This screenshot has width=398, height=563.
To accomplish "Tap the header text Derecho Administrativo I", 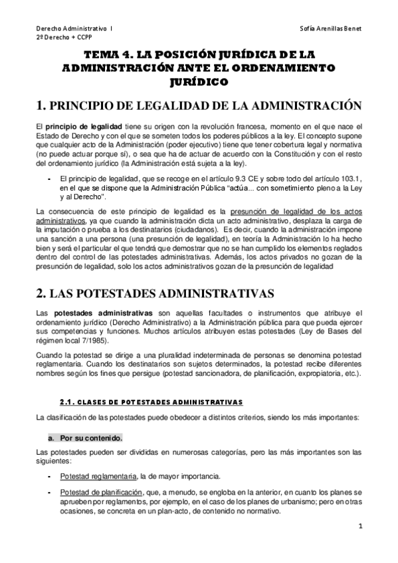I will (x=74, y=29).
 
